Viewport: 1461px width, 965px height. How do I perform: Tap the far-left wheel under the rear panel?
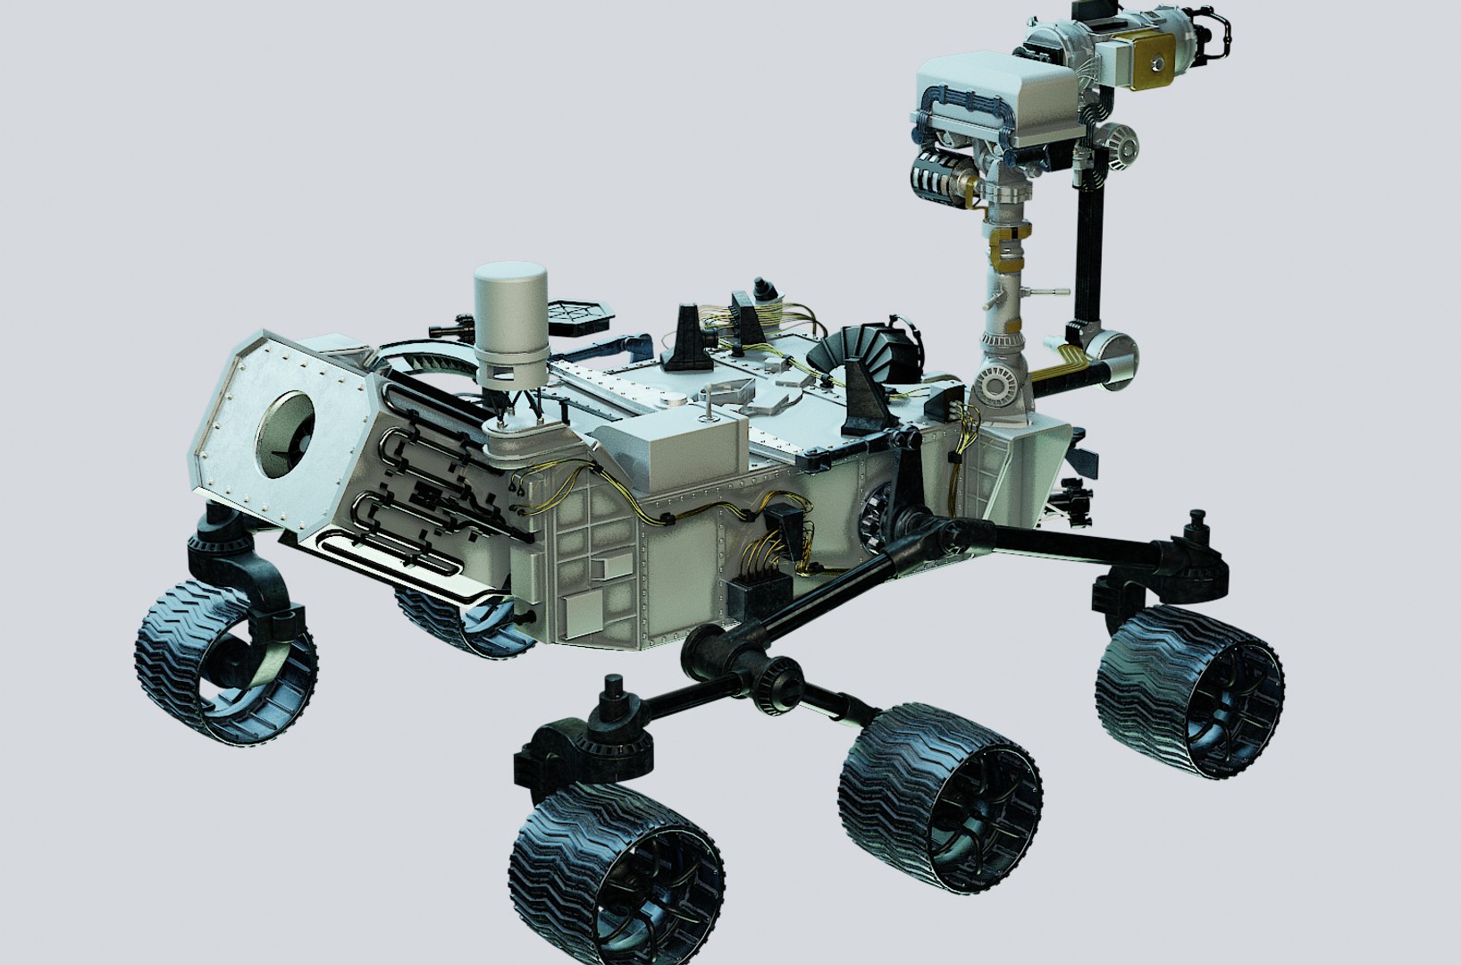(226, 661)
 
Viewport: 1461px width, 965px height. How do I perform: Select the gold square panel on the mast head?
(1158, 60)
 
